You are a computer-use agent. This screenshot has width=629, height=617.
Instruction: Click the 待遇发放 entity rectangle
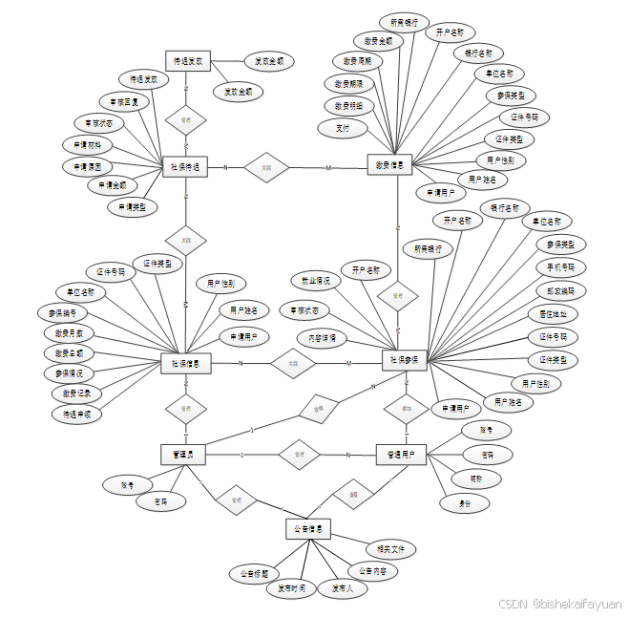(187, 61)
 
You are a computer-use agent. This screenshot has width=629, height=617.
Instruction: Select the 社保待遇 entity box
(186, 167)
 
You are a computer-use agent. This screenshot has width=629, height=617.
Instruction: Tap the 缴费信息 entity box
(389, 165)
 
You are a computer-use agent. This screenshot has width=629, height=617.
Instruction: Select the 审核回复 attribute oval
(124, 101)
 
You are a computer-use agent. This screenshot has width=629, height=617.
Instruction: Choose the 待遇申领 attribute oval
(77, 415)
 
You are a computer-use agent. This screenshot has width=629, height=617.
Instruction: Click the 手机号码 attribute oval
(561, 267)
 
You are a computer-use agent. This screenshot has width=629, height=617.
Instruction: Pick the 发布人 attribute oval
(343, 588)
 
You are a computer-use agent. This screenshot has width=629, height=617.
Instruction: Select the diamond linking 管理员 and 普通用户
(299, 455)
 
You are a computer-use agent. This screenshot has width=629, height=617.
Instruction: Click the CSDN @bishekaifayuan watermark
(560, 605)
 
